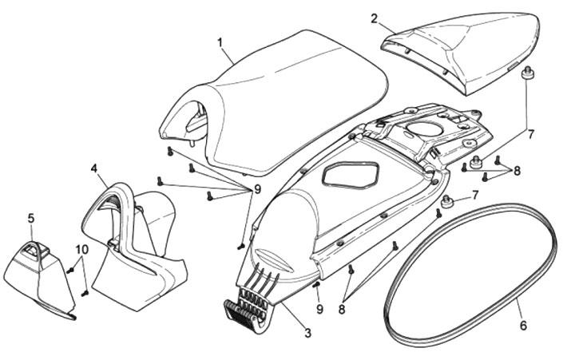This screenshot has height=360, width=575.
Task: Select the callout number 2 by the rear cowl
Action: click(x=375, y=18)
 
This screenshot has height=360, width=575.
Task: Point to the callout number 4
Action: click(x=94, y=169)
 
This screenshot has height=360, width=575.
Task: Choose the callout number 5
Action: click(x=31, y=218)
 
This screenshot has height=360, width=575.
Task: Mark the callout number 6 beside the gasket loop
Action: click(x=523, y=326)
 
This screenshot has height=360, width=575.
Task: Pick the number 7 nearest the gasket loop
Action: click(x=476, y=196)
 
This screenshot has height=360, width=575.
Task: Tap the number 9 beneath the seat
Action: click(x=257, y=189)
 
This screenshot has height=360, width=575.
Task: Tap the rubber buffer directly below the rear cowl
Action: click(x=526, y=74)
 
